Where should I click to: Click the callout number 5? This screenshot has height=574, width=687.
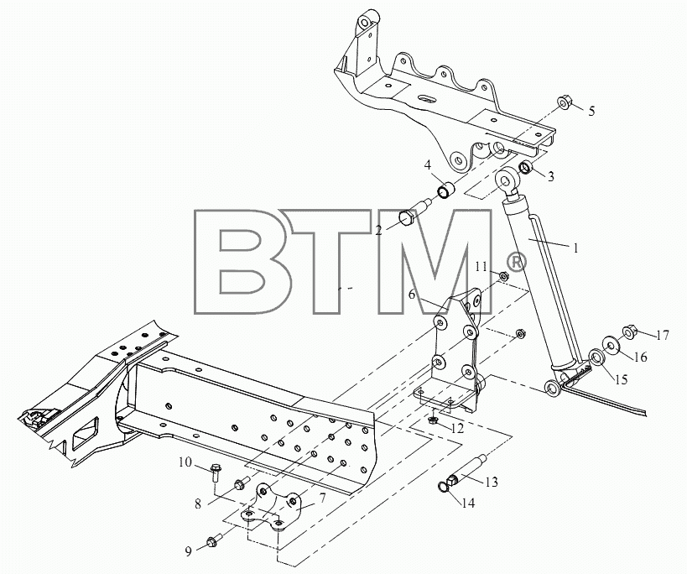point(591,112)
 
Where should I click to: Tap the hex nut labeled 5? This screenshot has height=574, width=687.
point(565,103)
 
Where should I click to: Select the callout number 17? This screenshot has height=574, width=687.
point(663,335)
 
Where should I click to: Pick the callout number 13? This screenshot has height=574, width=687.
point(492,482)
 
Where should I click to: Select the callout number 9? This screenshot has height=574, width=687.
point(189,551)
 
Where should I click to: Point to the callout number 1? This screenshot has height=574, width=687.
point(576,248)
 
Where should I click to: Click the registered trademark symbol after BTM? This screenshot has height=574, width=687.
point(516,263)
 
